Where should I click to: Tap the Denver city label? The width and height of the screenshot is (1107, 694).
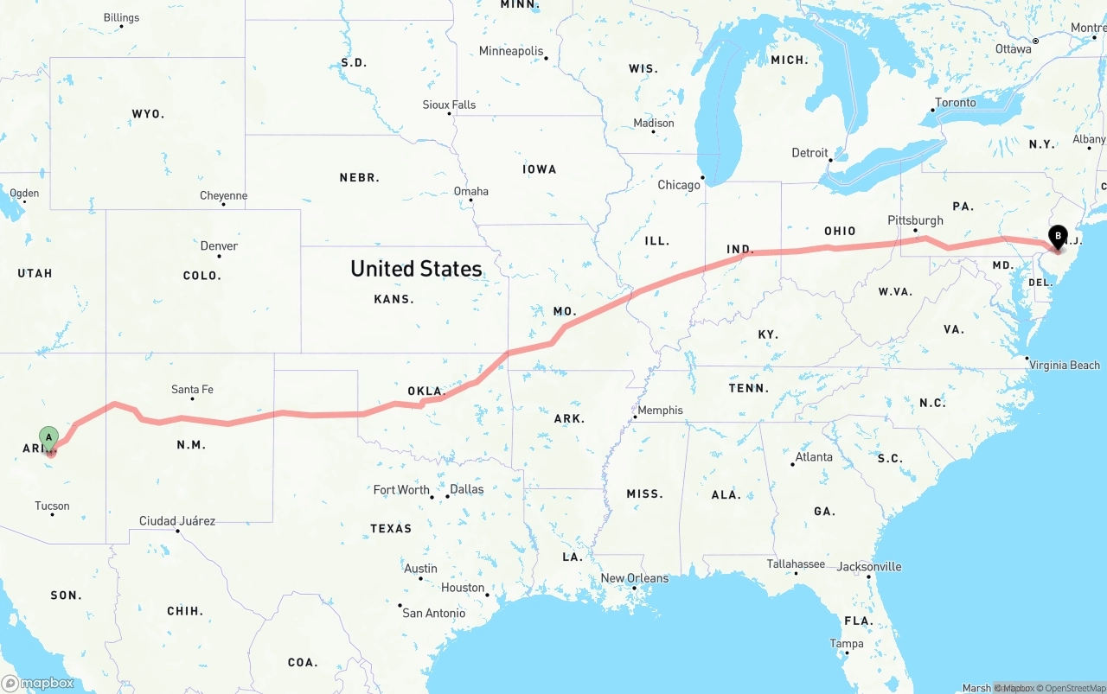[x=219, y=246]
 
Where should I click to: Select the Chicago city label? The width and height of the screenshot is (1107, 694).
[x=679, y=185]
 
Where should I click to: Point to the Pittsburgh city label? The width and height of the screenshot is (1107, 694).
[x=915, y=220]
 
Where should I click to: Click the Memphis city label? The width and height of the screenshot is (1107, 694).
[x=660, y=411]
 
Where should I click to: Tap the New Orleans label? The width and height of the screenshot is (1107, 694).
[x=634, y=578]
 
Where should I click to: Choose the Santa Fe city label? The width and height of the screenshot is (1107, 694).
[x=192, y=390]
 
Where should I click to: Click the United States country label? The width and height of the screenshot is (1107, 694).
[x=416, y=269]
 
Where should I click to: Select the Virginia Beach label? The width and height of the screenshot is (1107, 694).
[x=1064, y=366]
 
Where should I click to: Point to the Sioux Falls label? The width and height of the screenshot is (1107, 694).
[x=449, y=105]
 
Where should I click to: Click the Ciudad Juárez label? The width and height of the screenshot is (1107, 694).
[x=177, y=521]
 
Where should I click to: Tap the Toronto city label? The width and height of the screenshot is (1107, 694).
[x=955, y=103]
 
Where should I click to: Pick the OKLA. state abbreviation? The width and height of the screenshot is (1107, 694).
[x=426, y=391]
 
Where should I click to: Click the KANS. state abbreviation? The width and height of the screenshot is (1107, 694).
[x=394, y=299]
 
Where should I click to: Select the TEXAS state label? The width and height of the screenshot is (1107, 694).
[x=391, y=528]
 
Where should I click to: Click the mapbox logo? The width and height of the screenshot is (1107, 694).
[x=38, y=683]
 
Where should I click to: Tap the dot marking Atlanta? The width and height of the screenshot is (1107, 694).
[x=792, y=465]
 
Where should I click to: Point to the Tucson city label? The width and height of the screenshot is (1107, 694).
[x=52, y=506]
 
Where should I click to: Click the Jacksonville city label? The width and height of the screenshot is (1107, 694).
[x=868, y=567]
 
